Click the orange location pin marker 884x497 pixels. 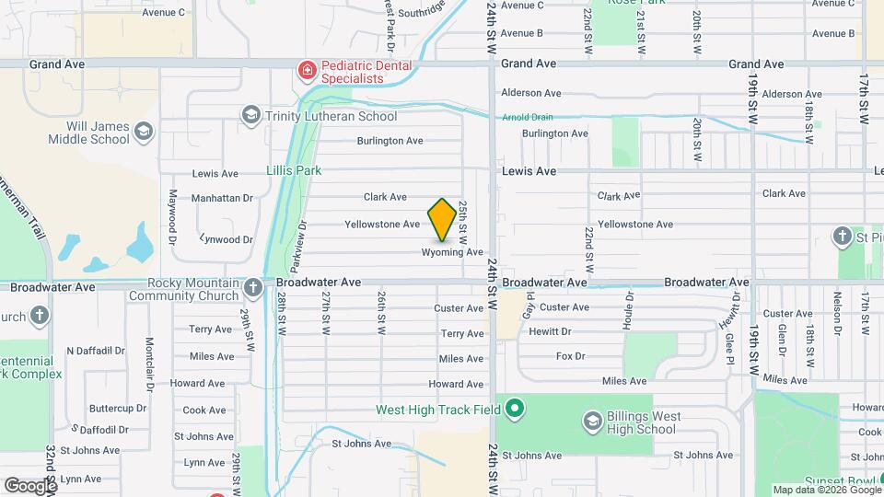click(442, 220)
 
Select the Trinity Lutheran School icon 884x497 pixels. click(250, 116)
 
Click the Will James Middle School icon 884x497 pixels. click(143, 132)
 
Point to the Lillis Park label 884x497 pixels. click(294, 170)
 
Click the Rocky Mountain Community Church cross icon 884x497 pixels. click(253, 289)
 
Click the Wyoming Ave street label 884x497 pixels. click(453, 252)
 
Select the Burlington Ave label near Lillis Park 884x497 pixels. click(390, 141)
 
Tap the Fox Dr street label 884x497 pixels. click(571, 356)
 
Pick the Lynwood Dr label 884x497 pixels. click(226, 239)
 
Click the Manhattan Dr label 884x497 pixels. click(221, 198)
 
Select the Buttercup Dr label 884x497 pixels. click(118, 408)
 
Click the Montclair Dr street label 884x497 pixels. click(148, 353)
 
